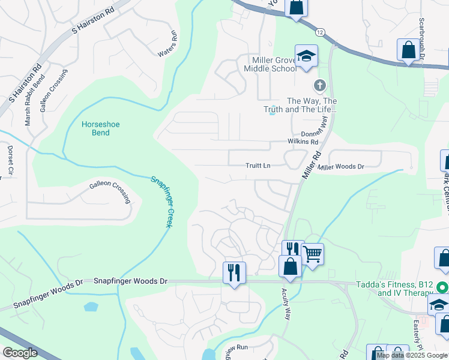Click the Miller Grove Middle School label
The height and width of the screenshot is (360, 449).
(x=274, y=64)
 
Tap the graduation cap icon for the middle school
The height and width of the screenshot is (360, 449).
(x=306, y=57)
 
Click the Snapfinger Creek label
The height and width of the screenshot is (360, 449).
(x=160, y=202)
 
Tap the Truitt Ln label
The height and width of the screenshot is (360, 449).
(x=259, y=166)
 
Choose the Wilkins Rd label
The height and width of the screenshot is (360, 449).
(x=305, y=142)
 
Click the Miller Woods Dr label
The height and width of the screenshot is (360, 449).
(x=341, y=166)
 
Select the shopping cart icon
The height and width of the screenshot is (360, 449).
(x=313, y=253)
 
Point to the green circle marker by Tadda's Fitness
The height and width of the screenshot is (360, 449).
(x=442, y=287)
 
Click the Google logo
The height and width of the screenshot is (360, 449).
(x=21, y=353)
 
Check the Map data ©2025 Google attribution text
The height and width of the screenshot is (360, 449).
(x=412, y=355)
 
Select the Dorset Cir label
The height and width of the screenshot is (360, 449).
(x=10, y=160)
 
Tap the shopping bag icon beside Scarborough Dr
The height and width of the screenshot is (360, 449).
(x=408, y=50)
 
